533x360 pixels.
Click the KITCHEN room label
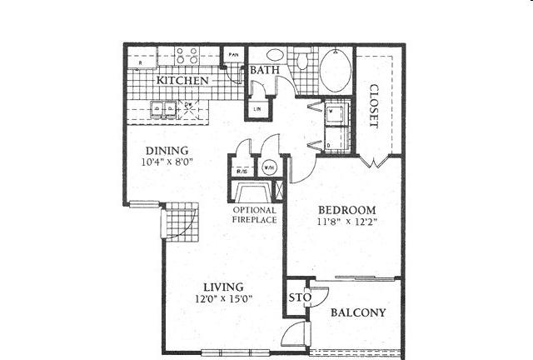coord(182,81)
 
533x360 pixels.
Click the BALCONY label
coord(358,313)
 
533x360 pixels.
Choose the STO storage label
coord(295,298)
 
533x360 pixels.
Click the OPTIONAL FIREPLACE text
coord(255,215)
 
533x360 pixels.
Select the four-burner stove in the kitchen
coord(187,56)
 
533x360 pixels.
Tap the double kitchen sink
coord(162,107)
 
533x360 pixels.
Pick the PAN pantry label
coord(235,53)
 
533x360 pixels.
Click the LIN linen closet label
coord(256,108)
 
